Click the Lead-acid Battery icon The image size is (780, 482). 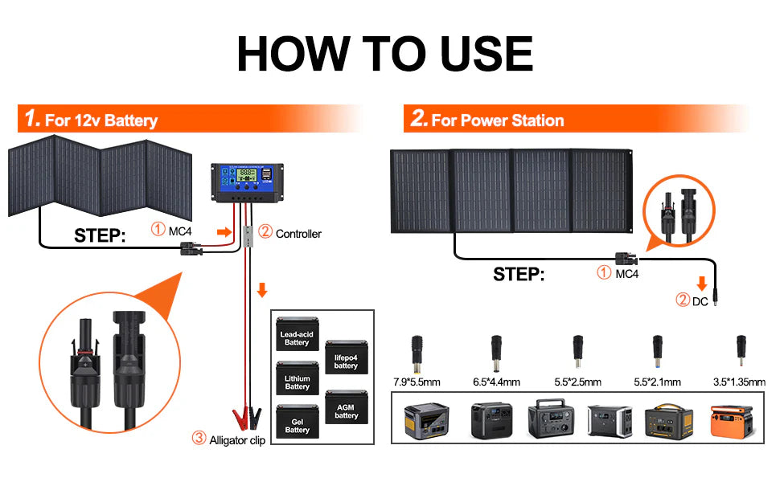tap(297, 339)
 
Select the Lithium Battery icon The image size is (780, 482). tap(297, 379)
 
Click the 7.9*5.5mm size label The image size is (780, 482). tap(417, 382)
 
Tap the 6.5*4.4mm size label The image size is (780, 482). tap(497, 382)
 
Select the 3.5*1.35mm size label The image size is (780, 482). tap(739, 382)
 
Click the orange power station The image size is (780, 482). tap(732, 419)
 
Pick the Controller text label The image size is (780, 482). tap(298, 234)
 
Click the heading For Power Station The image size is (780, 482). tap(497, 120)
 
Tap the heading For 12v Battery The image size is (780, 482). tap(101, 121)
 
